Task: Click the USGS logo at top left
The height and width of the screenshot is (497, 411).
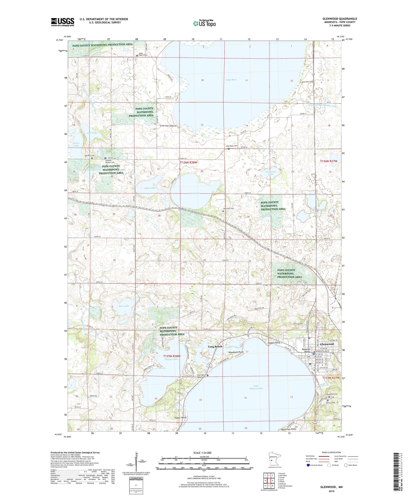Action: click(62, 22)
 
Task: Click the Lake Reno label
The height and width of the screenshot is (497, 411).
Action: click(231, 80)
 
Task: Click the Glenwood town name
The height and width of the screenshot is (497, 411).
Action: click(327, 344)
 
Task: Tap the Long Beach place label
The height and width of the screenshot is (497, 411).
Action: click(215, 347)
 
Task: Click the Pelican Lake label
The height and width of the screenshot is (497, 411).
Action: click(171, 359)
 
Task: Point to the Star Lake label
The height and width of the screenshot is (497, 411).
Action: click(124, 306)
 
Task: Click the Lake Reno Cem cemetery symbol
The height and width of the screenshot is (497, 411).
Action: click(229, 149)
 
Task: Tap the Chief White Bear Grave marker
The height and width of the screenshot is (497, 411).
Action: click(207, 375)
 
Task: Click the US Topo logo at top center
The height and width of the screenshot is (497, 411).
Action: click(204, 24)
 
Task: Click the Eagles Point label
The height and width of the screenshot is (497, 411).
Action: click(274, 343)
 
